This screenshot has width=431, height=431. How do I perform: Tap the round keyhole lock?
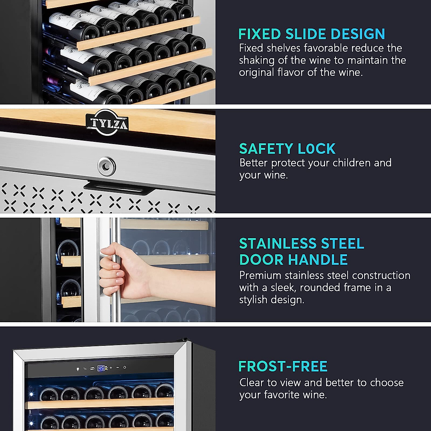107,166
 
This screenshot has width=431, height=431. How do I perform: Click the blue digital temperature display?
101,368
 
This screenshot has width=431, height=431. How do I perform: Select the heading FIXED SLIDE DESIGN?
311,34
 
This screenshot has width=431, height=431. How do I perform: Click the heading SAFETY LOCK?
287,149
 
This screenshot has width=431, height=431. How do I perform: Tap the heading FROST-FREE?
283,366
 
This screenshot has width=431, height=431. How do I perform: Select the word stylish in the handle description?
253,300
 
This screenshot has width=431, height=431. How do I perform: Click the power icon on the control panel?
125,367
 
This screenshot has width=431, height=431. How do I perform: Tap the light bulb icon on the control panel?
78,369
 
